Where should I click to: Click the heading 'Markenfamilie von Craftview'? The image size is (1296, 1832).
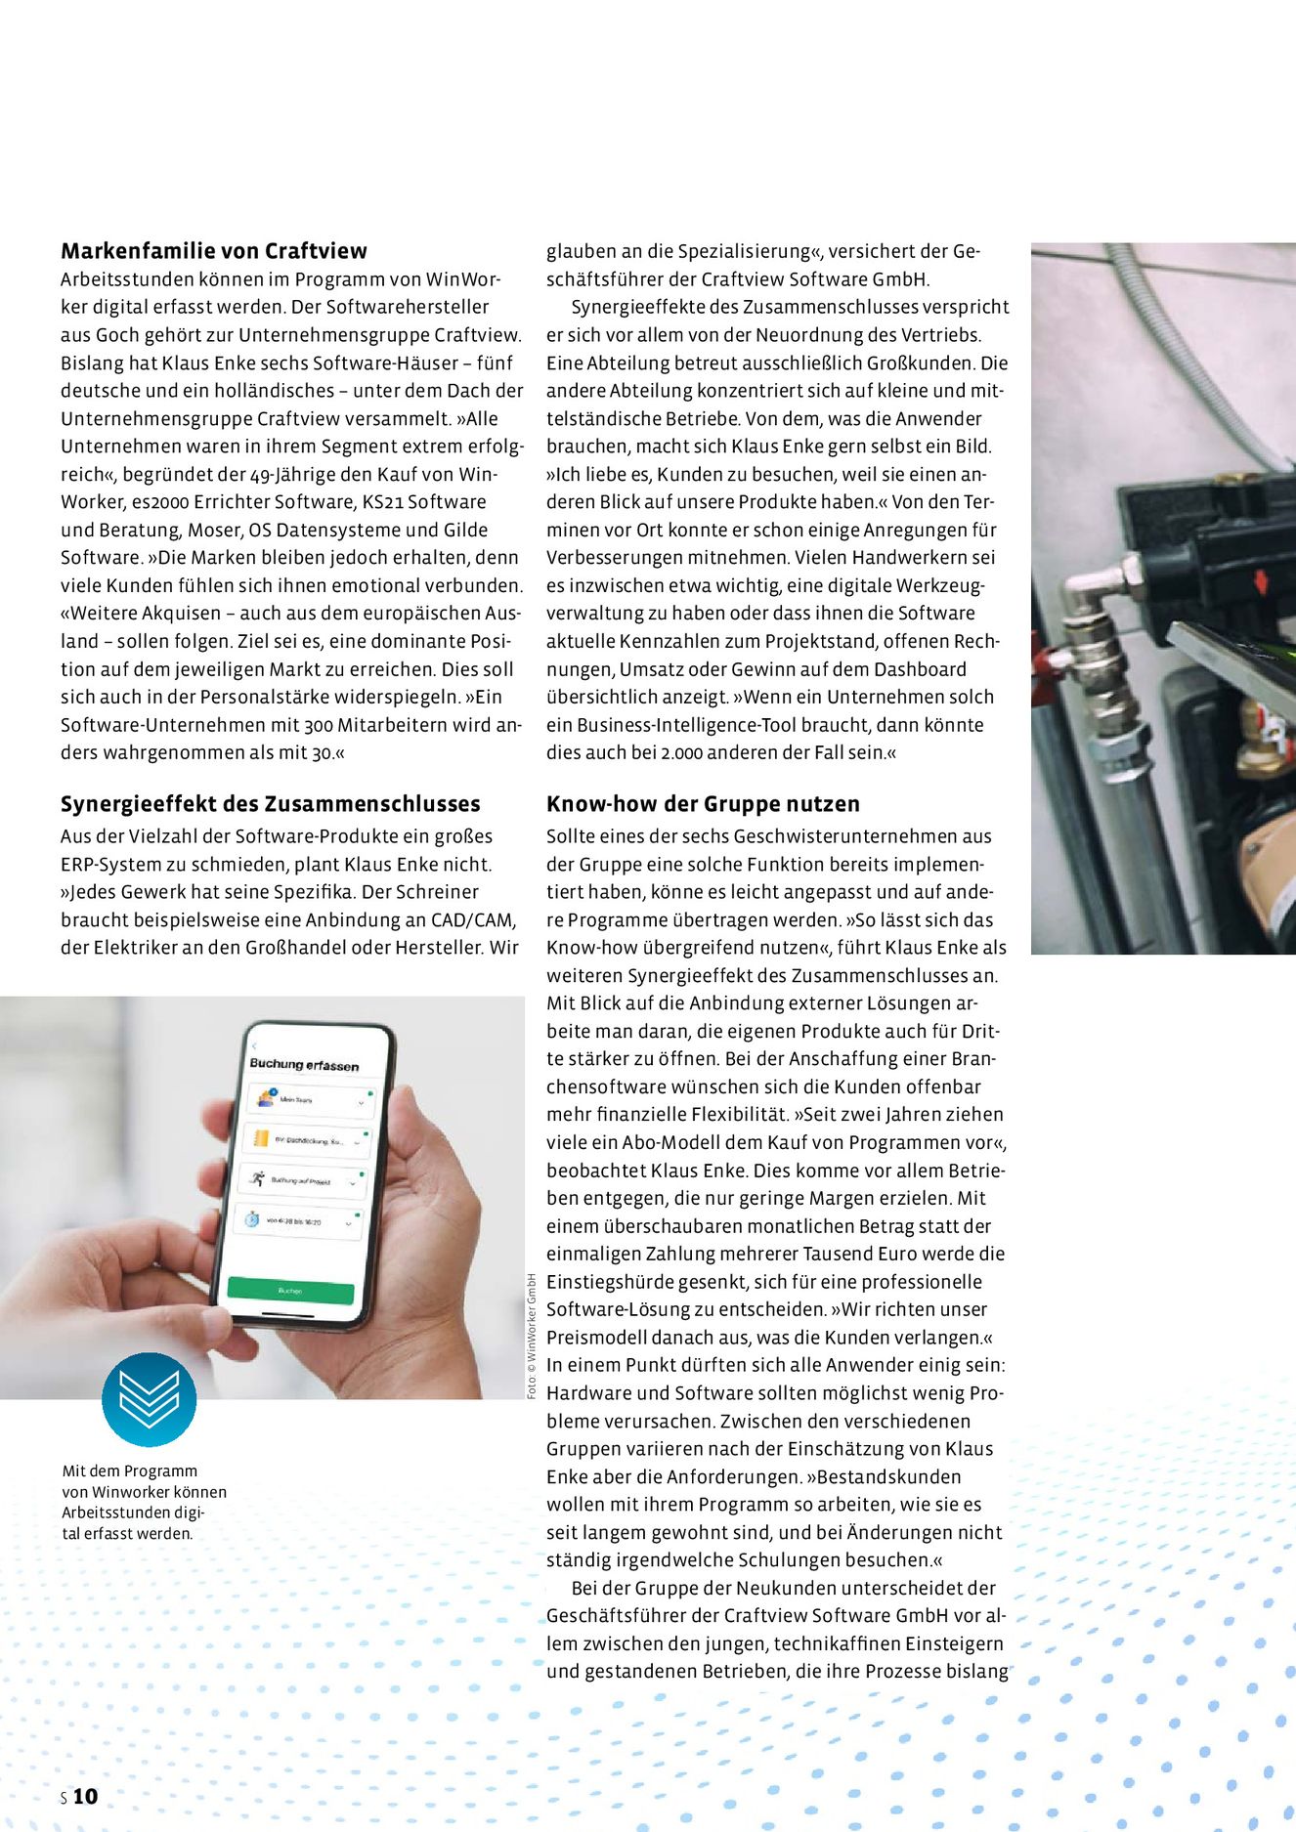[x=214, y=251]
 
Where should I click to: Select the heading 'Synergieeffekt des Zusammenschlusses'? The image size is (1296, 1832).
[x=271, y=804]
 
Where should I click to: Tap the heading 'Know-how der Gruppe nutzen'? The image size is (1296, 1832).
[x=703, y=804]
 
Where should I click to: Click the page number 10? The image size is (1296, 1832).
[x=86, y=1796]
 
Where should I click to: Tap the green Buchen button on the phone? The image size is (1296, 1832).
[x=290, y=1291]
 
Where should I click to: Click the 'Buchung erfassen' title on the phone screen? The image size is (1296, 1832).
[x=304, y=1064]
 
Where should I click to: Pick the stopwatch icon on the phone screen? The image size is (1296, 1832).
[x=252, y=1218]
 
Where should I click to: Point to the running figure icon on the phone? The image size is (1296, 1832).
[x=257, y=1178]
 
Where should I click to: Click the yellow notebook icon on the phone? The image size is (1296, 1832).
[x=261, y=1138]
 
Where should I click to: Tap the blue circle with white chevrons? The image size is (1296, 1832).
[x=149, y=1399]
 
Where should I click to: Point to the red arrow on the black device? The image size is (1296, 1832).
[x=1261, y=580]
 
